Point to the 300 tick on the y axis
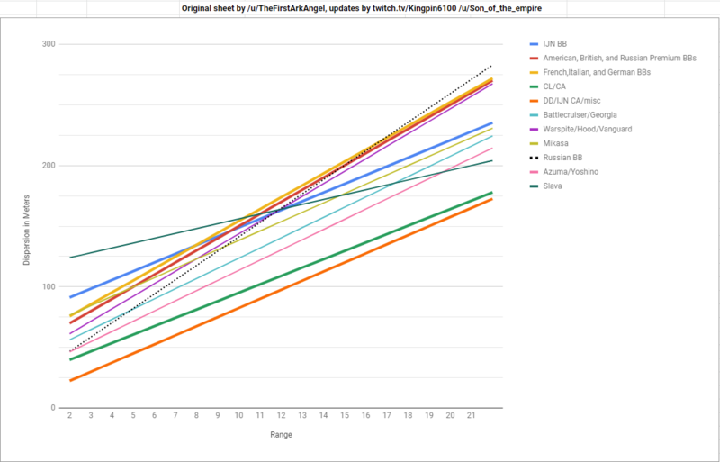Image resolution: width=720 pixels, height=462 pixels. click(49, 45)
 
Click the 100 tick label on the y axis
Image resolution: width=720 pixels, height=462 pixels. click(49, 287)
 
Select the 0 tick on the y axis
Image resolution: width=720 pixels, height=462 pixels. click(53, 408)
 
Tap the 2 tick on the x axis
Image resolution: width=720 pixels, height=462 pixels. click(69, 416)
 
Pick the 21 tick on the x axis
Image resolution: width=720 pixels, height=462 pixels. click(472, 416)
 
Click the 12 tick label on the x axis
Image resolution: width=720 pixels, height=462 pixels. click(281, 416)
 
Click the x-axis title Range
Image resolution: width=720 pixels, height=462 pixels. click(280, 435)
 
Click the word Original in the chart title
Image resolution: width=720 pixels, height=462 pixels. click(230, 6)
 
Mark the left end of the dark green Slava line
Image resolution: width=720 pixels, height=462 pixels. click(70, 258)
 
